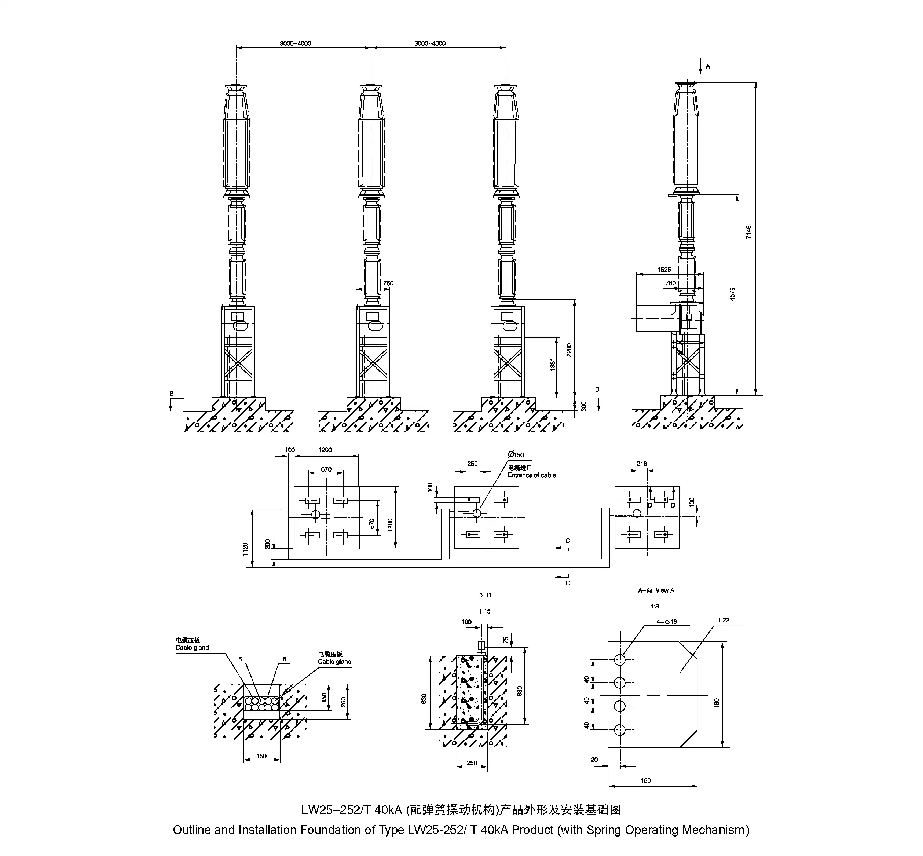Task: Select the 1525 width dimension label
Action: click(664, 270)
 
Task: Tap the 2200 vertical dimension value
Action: click(569, 350)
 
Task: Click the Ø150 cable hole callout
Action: click(516, 454)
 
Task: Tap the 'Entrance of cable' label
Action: click(531, 475)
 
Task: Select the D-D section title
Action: click(484, 595)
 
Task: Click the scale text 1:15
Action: click(484, 611)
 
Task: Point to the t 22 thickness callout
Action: click(724, 620)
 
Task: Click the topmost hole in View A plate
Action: click(620, 659)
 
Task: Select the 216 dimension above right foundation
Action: click(641, 463)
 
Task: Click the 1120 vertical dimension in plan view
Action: click(245, 549)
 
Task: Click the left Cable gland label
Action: click(192, 648)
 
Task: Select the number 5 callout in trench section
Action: click(240, 659)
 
